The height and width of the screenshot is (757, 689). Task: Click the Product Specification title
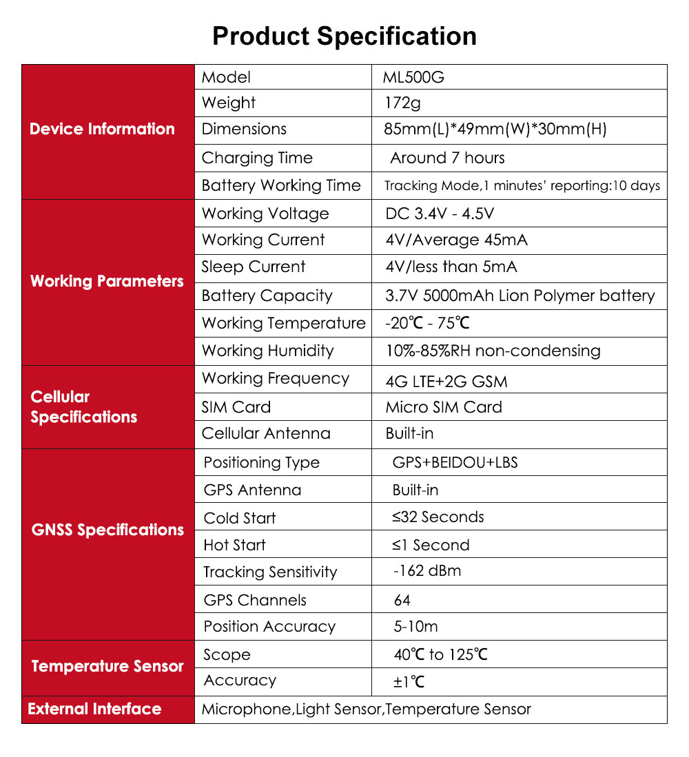(344, 36)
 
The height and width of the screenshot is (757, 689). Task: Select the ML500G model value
(413, 77)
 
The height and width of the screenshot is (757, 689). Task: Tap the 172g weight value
(402, 103)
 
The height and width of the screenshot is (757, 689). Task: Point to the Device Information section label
(102, 129)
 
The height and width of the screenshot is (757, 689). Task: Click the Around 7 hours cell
(447, 158)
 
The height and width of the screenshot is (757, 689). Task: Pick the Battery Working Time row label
(281, 185)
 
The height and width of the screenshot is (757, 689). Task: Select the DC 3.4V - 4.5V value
(440, 214)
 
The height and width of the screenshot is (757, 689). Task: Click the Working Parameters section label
(107, 281)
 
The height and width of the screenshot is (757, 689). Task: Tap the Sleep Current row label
(254, 267)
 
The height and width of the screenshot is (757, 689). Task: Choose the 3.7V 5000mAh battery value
(520, 295)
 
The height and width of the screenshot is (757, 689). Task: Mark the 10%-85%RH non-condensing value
(493, 351)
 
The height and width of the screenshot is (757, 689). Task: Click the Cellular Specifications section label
(83, 406)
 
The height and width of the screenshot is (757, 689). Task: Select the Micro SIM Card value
(444, 407)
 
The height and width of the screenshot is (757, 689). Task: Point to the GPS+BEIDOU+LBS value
(455, 462)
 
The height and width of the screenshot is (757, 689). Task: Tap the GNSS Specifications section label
(107, 530)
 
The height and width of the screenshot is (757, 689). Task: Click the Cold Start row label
(240, 518)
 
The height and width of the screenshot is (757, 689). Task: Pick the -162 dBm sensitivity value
(427, 571)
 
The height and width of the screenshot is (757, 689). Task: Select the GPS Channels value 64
(402, 600)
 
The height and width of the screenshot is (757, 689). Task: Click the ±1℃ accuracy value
(409, 682)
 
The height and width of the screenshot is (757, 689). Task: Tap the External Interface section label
(94, 709)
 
